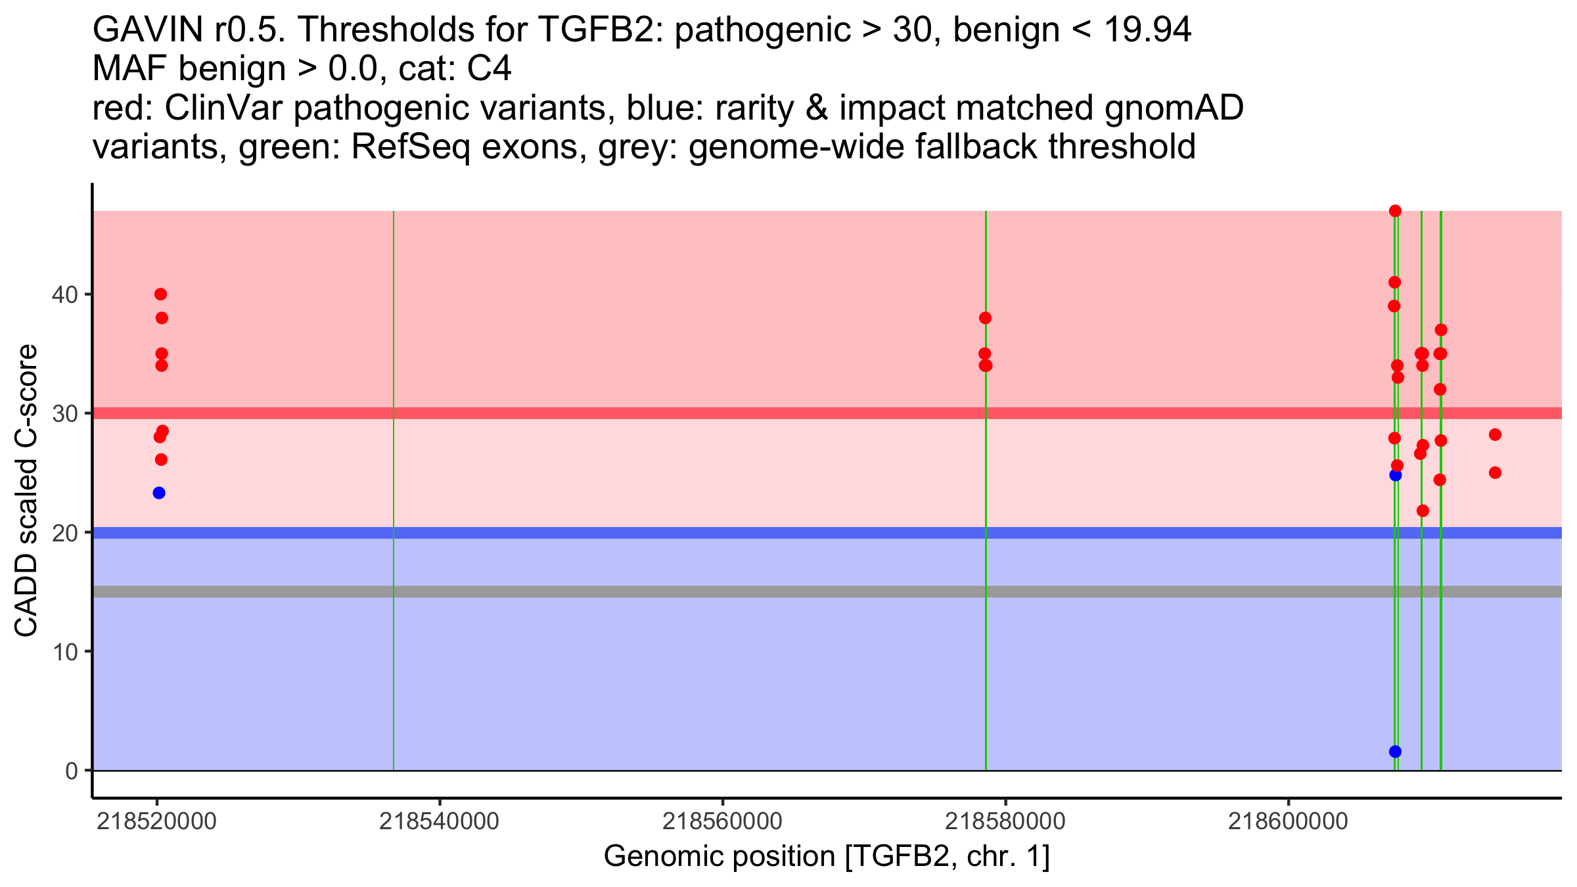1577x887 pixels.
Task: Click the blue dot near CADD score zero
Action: [1395, 751]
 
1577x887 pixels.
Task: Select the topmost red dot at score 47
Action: [1395, 211]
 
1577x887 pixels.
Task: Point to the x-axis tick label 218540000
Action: [439, 822]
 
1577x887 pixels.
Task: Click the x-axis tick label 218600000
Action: [1288, 822]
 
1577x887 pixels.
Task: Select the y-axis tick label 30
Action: [64, 413]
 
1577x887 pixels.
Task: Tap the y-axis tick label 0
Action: [71, 771]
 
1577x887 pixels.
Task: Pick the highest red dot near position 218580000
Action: [985, 318]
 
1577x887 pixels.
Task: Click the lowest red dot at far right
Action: [1495, 472]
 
